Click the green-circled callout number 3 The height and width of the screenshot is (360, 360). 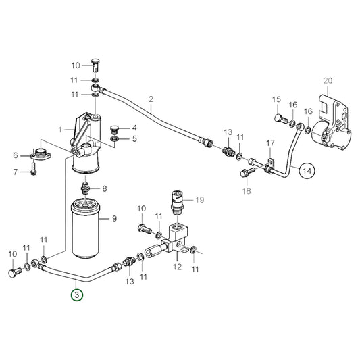point(78,295)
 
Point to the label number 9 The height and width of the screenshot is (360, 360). point(115,217)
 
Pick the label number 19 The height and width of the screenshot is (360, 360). point(199,199)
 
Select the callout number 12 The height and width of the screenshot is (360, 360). point(178,268)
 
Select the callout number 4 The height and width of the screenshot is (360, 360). point(134,127)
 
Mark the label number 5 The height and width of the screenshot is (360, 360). point(134,138)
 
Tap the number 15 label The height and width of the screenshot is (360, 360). point(276,101)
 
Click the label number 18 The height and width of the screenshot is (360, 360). point(245,192)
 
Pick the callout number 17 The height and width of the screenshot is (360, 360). point(270,143)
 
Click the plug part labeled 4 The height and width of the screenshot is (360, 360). point(113,127)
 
